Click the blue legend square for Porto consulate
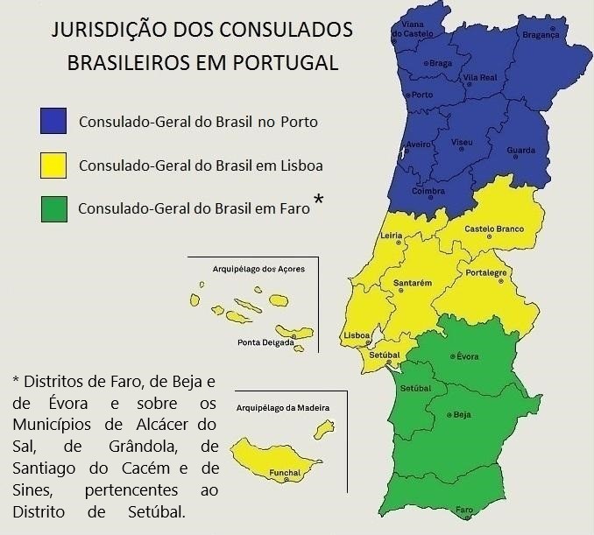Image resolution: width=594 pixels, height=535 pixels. point(53,120)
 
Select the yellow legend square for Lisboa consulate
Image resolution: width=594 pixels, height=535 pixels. point(53,163)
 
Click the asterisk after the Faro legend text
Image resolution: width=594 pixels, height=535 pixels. point(318,201)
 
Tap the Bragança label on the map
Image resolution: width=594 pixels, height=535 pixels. point(539,35)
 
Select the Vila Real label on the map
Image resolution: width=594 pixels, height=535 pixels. point(480,78)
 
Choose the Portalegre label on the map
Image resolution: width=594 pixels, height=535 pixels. point(486,272)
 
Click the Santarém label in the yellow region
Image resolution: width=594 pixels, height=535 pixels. point(414,284)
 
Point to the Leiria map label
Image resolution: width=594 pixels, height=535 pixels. point(391,236)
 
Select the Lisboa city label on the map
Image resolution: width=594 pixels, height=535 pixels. point(357,335)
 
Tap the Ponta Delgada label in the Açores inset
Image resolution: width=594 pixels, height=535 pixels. point(265,342)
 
